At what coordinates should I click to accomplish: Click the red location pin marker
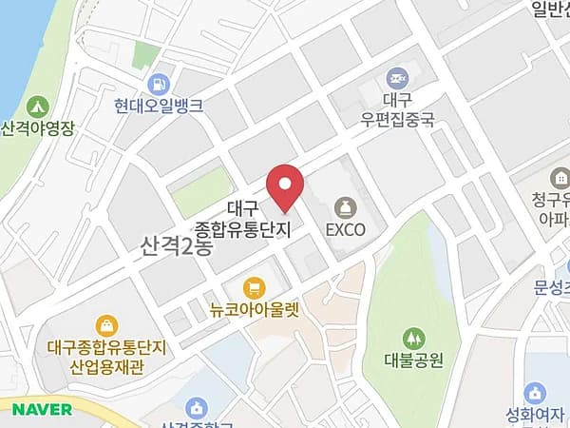coord(284,185)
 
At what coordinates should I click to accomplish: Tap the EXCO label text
coord(345,229)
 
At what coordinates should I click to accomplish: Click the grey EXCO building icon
coord(345,206)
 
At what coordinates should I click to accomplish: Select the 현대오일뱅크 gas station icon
coord(159,84)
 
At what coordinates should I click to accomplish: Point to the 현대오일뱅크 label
coord(159,107)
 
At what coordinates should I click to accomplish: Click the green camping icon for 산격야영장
coord(38,105)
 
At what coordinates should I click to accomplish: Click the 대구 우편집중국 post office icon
coord(396,76)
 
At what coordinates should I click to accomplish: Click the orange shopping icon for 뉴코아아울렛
coord(253,285)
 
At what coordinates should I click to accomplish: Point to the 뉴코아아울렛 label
coord(254,308)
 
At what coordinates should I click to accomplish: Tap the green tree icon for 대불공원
coord(413,338)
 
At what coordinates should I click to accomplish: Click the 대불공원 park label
coord(415,361)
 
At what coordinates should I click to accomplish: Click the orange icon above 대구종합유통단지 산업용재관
coord(107,326)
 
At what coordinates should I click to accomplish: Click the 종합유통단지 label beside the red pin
coord(241,229)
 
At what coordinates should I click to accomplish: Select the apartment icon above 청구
coord(560,179)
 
